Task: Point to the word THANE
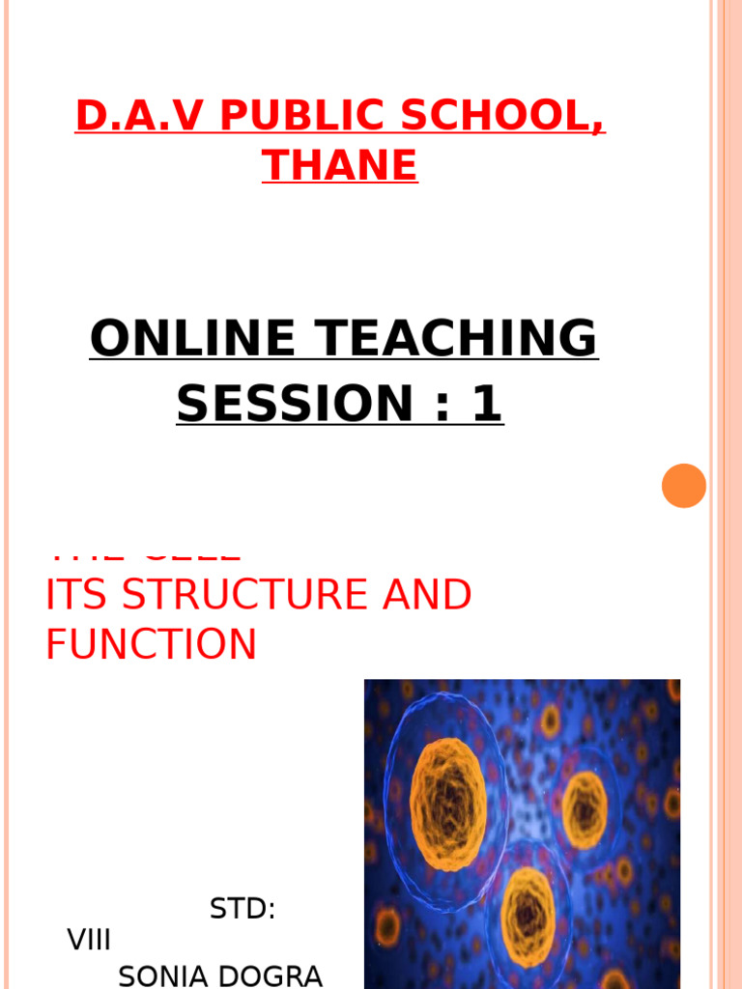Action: tap(340, 165)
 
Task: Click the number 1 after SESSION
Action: tap(486, 404)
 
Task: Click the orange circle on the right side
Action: tap(684, 486)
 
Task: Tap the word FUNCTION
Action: tap(152, 645)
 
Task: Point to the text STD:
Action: tap(243, 909)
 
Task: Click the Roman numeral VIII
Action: tap(89, 940)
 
